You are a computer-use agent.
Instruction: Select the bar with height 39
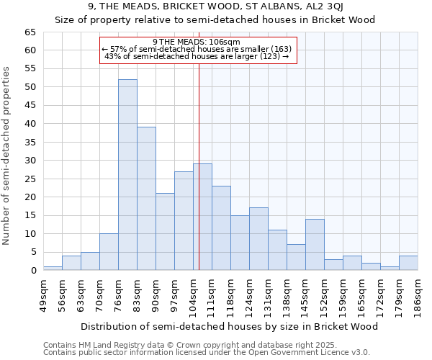click(x=146, y=199)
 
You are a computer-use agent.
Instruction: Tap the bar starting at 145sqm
click(x=315, y=245)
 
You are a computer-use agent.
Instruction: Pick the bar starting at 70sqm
click(x=109, y=252)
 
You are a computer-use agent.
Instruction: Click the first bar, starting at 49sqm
click(x=53, y=268)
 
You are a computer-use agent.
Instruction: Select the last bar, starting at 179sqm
click(x=408, y=263)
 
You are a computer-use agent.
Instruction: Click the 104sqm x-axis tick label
click(x=193, y=292)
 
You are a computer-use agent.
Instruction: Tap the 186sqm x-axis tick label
click(x=418, y=292)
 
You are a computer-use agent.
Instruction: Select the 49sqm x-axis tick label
click(x=43, y=292)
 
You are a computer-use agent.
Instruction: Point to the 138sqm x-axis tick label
click(x=287, y=292)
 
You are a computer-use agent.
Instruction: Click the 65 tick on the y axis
click(x=30, y=32)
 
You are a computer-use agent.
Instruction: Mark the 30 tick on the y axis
click(x=30, y=161)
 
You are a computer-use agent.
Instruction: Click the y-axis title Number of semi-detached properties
click(x=7, y=156)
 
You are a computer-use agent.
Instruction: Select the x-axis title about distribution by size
click(x=229, y=326)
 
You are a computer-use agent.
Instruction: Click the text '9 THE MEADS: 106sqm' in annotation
click(x=197, y=42)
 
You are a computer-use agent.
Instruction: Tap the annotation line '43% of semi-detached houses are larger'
click(x=197, y=56)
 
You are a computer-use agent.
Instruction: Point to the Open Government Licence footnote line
click(x=207, y=353)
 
